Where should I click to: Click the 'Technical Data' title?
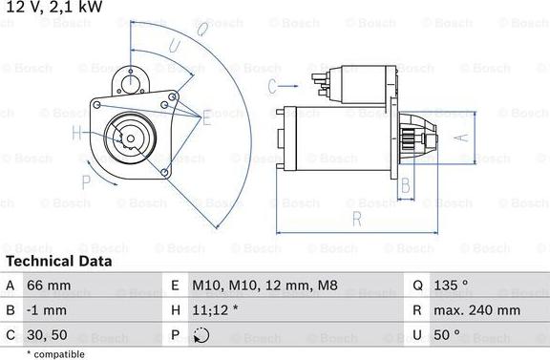coord(58,261)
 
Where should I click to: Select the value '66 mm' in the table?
coord(49,285)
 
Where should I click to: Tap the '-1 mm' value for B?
coord(48,310)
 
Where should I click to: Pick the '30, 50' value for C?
coord(48,335)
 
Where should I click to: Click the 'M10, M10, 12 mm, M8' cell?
coord(264,285)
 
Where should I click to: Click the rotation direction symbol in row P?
coord(201,335)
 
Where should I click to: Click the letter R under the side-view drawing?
coord(356,219)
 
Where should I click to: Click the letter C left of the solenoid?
coord(272,86)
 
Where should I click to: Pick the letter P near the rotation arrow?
coord(86,180)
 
